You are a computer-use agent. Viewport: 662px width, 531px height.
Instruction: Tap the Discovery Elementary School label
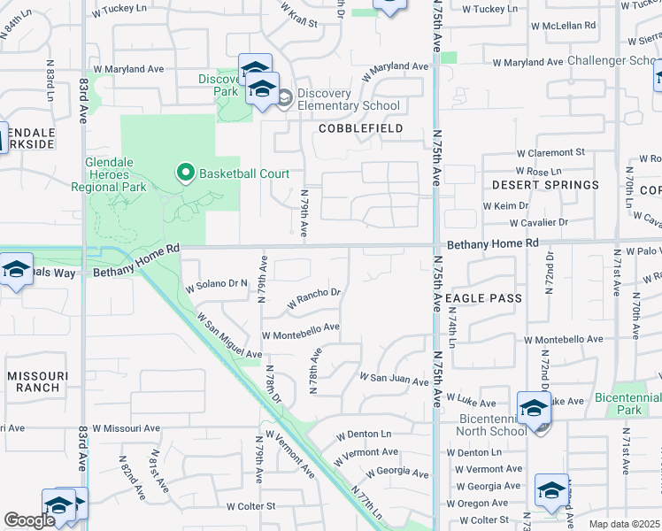[348, 99]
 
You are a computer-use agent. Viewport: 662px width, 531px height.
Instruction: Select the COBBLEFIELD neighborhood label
[361, 128]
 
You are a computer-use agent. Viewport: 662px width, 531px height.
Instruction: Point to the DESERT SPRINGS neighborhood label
[545, 185]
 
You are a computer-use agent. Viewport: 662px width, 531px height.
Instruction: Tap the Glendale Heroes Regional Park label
[127, 175]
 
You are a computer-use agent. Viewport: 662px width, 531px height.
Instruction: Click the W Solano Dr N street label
[214, 285]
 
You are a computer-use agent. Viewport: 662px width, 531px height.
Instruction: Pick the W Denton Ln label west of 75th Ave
[363, 435]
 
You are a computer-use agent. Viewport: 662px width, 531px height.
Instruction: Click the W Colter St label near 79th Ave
[250, 507]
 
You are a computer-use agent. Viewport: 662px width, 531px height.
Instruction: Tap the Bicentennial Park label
[628, 404]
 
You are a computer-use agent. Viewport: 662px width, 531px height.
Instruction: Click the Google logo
[28, 520]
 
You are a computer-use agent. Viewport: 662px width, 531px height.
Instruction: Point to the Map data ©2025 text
[624, 524]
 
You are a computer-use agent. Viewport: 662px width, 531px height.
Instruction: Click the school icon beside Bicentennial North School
[534, 409]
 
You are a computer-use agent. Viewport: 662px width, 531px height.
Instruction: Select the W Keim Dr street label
[505, 205]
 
